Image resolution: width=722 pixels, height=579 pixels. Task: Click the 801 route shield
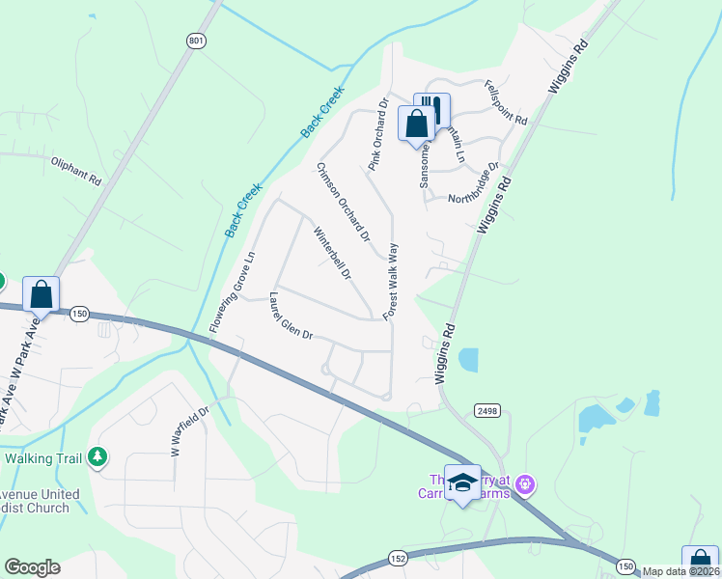point(197,41)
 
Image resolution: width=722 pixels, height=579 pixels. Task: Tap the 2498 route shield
point(486,411)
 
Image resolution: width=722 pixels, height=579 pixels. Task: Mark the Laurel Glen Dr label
point(292,316)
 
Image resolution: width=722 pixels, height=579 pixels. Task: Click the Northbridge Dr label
point(473,183)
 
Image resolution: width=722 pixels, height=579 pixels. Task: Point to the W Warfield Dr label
point(190,430)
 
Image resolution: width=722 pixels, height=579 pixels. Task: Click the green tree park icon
point(97,455)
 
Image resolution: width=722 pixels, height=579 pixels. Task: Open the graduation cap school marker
point(463,482)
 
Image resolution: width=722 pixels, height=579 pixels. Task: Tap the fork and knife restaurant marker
point(433,109)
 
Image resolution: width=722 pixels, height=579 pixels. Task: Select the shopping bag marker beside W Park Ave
point(42,294)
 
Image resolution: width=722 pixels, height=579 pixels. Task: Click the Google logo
point(32,567)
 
